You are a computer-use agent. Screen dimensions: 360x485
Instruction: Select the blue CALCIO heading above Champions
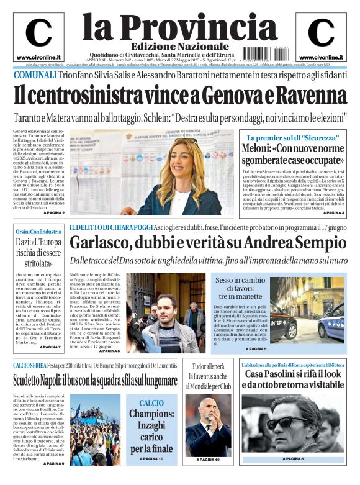pos(151,404)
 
